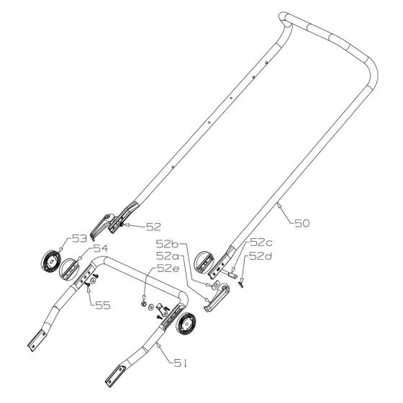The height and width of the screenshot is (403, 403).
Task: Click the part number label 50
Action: [303, 224]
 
